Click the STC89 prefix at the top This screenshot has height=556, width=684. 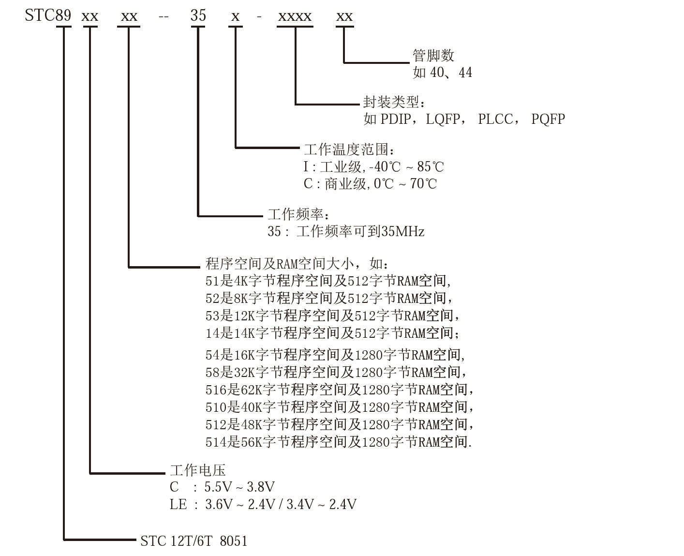48,16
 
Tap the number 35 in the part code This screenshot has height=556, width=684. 198,16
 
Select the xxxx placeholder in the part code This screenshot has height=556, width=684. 294,17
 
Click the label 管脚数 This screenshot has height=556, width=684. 433,56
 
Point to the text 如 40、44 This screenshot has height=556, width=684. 442,73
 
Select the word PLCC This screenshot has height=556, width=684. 495,119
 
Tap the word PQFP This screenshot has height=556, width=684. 548,119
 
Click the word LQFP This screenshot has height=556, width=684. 443,119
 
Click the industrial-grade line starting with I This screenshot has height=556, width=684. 373,167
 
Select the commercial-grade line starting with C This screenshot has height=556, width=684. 370,184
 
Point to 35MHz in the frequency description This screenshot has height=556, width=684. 403,232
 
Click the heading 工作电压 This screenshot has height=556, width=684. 198,470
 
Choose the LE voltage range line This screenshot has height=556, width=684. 263,505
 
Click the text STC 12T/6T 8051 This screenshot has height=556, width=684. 194,541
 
